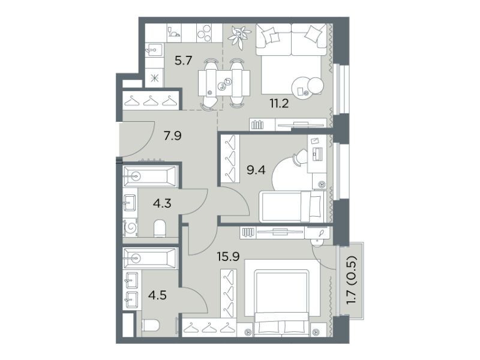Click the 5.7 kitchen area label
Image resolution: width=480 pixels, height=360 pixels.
point(183,61)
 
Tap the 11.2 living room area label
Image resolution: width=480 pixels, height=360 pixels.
point(279,103)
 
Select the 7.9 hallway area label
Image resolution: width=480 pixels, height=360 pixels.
point(173,135)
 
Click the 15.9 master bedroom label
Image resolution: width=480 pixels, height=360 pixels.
point(228,256)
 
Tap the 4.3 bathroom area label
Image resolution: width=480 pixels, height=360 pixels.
point(162,203)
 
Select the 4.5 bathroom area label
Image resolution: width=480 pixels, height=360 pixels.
point(157,295)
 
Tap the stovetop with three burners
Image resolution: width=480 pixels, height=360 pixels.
point(205,33)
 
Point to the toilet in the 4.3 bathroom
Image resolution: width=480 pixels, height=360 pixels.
point(159,229)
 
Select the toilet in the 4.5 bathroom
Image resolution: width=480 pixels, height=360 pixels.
point(151,325)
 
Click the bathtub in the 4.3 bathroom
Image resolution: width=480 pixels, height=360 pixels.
point(150,176)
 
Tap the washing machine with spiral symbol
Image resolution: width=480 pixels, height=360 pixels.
point(130,227)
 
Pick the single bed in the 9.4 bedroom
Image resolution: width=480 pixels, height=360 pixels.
point(292,206)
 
